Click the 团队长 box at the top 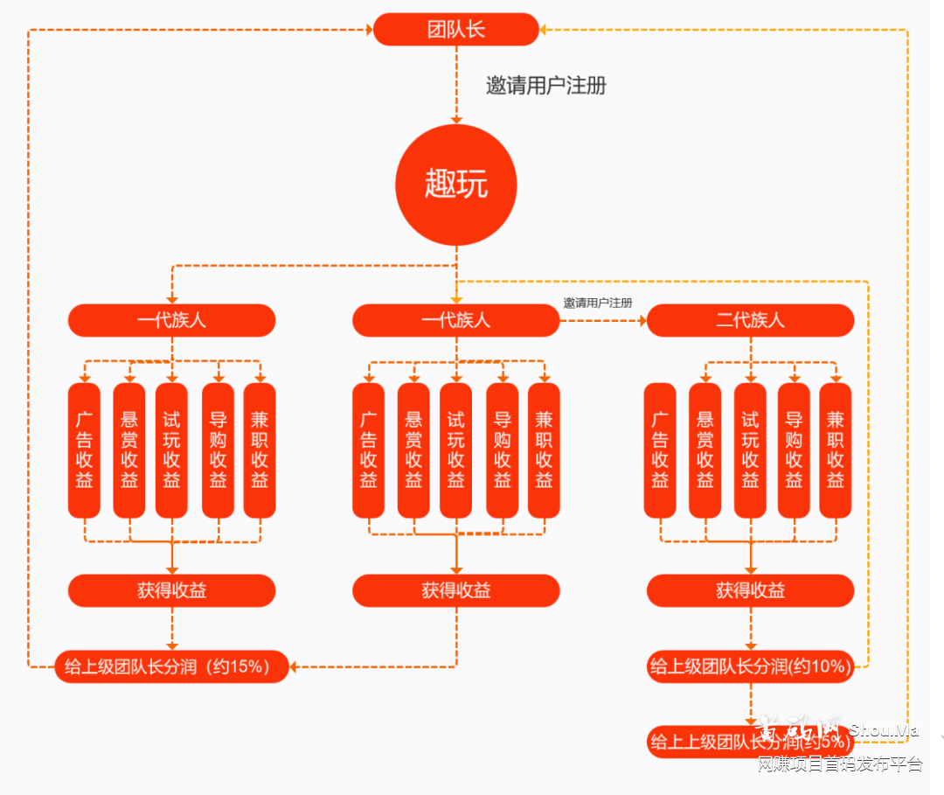coord(456,30)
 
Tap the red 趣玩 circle coord(456,185)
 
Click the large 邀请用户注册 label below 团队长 coord(545,86)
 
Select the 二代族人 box coord(750,320)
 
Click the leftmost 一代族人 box coord(171,320)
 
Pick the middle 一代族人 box coord(455,320)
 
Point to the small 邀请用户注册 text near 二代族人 coord(598,303)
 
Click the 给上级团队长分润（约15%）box coord(171,667)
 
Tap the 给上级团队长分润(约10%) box coord(750,667)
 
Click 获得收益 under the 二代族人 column coord(750,590)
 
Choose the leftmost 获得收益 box coord(171,590)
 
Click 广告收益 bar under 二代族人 coord(660,450)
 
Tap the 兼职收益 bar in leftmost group coord(260,450)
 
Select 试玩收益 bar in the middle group coord(455,450)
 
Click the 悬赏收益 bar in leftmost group coord(129,450)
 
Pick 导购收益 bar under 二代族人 coord(794,450)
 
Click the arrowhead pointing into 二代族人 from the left coord(641,321)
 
